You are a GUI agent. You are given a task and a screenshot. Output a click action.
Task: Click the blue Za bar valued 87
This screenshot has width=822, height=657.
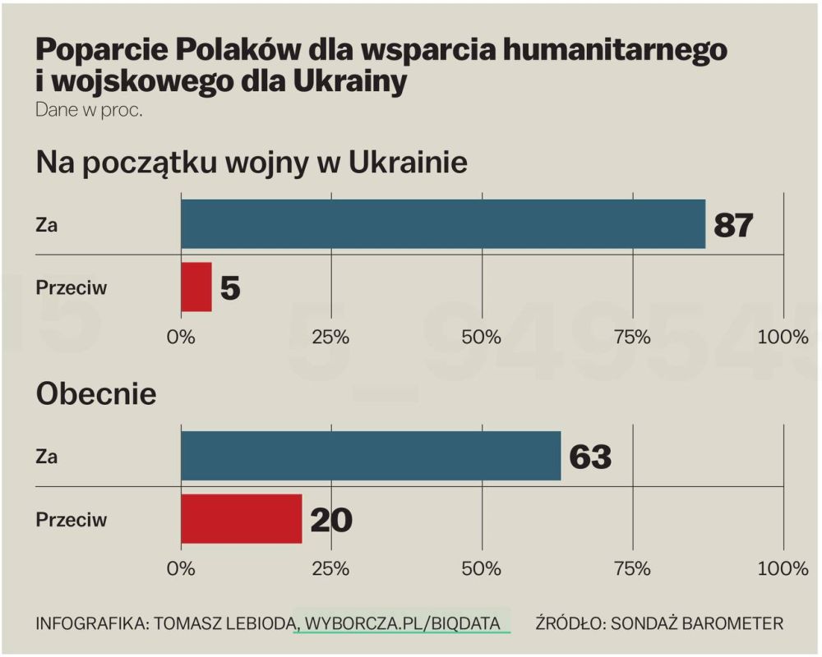tap(443, 223)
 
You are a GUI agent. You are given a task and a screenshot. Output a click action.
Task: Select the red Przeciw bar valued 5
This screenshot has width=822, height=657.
tap(196, 287)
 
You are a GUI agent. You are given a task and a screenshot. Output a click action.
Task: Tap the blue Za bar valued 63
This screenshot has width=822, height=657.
tap(372, 456)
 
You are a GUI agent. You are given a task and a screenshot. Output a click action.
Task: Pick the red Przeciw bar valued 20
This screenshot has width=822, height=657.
tap(242, 519)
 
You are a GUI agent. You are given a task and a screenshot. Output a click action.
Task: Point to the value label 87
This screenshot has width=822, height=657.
tap(733, 225)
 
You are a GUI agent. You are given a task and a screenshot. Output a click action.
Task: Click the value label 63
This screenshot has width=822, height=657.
tap(589, 457)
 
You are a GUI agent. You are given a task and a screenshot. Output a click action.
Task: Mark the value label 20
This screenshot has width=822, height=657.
tap(331, 520)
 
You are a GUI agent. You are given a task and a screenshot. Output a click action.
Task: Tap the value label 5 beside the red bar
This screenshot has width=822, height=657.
tap(230, 288)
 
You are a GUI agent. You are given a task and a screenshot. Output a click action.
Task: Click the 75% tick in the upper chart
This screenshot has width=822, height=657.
tap(633, 337)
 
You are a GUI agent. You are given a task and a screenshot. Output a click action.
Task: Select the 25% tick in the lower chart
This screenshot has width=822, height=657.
tap(330, 568)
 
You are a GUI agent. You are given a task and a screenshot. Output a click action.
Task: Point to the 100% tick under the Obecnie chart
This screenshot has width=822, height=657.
tap(783, 568)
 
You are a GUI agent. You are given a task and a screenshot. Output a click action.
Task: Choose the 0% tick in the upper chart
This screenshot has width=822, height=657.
tap(181, 337)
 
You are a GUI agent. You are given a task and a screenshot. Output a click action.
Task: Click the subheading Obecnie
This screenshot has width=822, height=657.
tap(96, 394)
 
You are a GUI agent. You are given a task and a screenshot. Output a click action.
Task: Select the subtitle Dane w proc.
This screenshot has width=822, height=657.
tap(89, 111)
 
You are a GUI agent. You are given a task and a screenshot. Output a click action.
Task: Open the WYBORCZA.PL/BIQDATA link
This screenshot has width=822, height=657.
tap(402, 623)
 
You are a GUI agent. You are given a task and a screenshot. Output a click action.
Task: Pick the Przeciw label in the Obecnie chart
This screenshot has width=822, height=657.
tap(72, 520)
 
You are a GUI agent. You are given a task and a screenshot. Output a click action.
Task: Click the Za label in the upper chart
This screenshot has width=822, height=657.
tap(46, 225)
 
